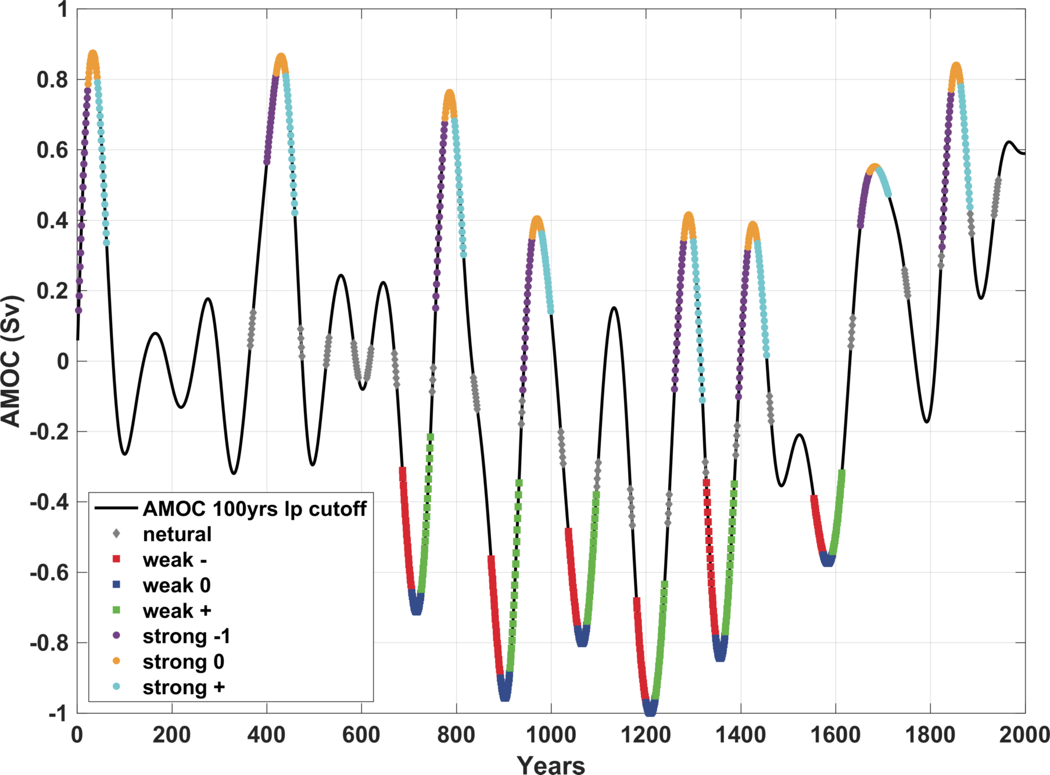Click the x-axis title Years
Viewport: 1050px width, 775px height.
tap(551, 765)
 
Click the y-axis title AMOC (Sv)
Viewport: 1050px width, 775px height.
tap(12, 361)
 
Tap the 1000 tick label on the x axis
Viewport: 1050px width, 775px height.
tap(551, 735)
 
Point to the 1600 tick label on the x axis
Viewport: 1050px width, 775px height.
tap(836, 735)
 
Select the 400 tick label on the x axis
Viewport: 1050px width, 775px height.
tap(266, 735)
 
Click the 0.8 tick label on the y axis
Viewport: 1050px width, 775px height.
tap(52, 80)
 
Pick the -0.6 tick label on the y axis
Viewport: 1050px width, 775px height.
tap(49, 573)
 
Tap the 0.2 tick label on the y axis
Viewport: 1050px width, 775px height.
tap(52, 291)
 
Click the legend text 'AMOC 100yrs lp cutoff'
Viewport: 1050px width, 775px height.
tap(255, 509)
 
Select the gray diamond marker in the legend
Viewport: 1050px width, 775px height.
tap(116, 533)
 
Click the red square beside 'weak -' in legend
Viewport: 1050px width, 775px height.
tap(116, 559)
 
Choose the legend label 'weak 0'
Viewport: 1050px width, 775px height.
tap(177, 585)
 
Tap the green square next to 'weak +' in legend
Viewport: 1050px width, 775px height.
tap(116, 610)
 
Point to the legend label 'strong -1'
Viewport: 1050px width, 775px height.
tap(187, 636)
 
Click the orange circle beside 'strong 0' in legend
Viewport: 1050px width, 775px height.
tap(116, 661)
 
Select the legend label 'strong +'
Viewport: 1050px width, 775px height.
tap(184, 687)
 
